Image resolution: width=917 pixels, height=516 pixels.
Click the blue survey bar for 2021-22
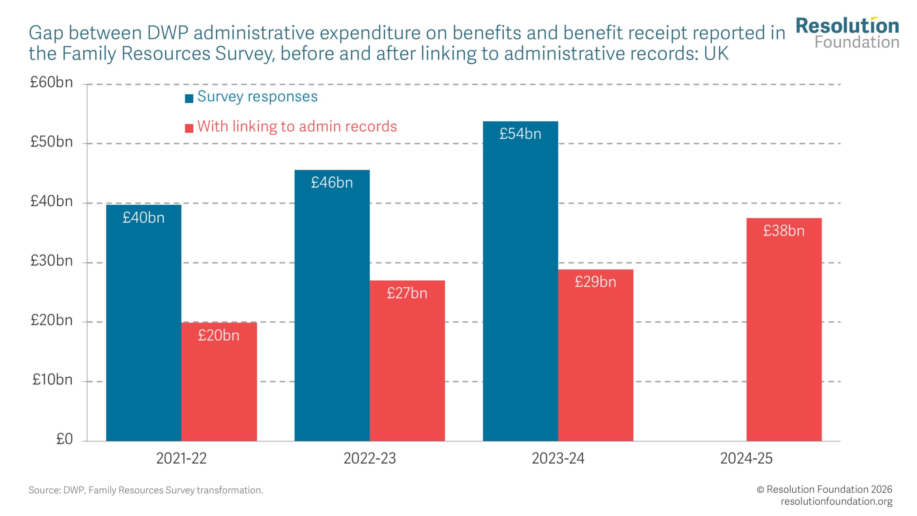tap(144, 322)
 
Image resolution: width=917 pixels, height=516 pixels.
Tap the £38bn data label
tap(784, 230)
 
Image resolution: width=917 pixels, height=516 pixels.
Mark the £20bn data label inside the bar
tap(219, 335)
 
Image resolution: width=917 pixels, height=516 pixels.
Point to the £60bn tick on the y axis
tap(52, 82)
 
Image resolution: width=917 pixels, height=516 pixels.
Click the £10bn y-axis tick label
tap(52, 379)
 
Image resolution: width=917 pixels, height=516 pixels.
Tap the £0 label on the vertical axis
tap(64, 439)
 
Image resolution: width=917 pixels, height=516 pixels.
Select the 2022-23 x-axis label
tap(370, 458)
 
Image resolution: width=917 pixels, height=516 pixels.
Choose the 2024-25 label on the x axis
tap(746, 458)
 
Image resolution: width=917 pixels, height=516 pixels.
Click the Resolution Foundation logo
tap(847, 33)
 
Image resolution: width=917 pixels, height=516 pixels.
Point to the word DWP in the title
tap(168, 33)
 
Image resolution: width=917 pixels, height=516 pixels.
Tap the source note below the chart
tap(146, 490)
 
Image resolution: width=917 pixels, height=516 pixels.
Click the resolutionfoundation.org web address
tap(836, 501)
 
